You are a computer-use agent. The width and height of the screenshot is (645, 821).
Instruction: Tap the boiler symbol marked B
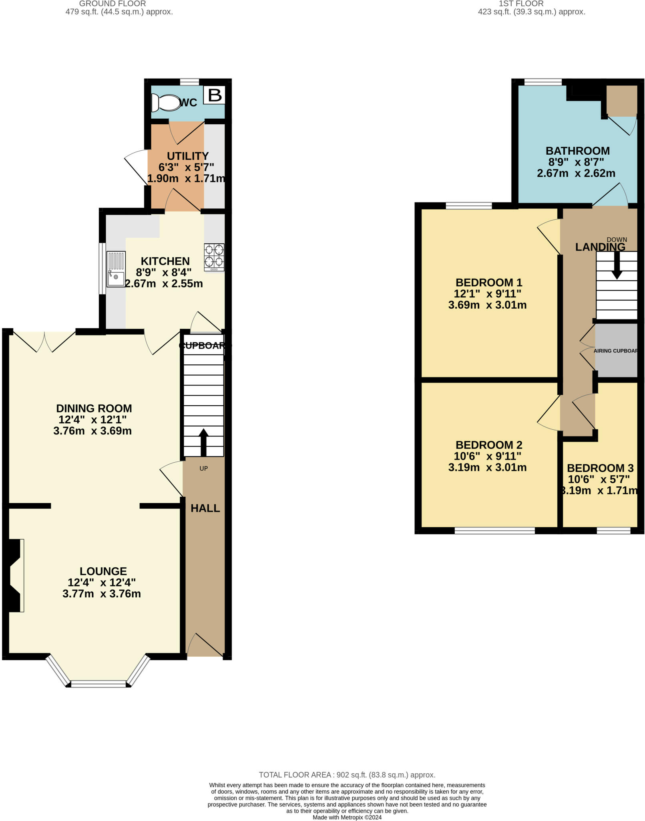(x=215, y=95)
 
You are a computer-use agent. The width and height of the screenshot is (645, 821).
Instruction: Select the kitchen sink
(x=116, y=274)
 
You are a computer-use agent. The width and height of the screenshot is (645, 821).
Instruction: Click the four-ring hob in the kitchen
(x=214, y=257)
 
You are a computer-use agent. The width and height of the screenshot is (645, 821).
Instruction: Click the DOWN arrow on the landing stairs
(x=617, y=266)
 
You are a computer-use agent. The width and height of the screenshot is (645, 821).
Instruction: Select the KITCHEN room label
(x=165, y=261)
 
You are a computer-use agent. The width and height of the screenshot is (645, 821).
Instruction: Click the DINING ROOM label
(x=94, y=408)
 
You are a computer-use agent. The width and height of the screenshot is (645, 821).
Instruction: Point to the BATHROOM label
(x=577, y=151)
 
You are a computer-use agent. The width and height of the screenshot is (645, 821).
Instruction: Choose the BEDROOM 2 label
(x=488, y=445)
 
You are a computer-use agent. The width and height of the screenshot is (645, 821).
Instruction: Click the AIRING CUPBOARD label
(x=616, y=351)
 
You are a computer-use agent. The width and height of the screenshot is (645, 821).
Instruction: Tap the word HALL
(x=205, y=508)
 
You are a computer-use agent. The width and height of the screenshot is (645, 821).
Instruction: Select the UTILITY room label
(x=187, y=156)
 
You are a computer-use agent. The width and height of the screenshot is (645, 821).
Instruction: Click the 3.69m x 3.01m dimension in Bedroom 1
(x=487, y=305)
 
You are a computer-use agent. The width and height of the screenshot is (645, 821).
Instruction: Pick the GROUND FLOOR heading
(x=113, y=4)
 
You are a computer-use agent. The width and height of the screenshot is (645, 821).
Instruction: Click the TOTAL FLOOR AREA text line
(x=347, y=775)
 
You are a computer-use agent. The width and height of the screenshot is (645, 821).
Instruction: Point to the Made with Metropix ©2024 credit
(x=347, y=817)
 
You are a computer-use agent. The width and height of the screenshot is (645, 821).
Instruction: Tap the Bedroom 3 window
(x=613, y=531)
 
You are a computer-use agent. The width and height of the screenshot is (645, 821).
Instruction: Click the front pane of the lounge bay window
(x=98, y=683)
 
